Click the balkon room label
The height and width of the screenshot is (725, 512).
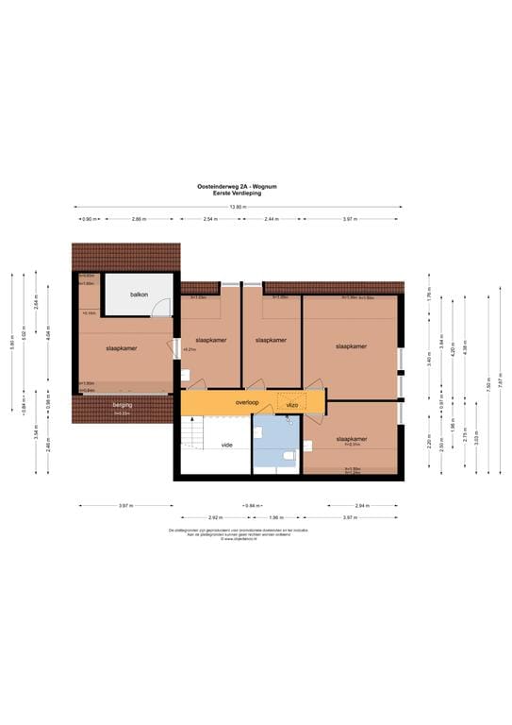[140, 294]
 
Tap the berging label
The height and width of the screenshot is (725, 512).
[123, 404]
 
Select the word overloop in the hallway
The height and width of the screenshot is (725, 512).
[221, 402]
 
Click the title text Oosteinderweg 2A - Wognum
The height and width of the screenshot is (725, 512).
[256, 187]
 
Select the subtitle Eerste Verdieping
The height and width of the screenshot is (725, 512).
[256, 193]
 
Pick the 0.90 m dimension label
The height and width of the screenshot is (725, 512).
[89, 218]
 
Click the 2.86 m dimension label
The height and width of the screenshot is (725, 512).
[139, 218]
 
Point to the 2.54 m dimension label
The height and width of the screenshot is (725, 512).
[209, 218]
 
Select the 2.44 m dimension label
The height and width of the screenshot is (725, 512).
[272, 218]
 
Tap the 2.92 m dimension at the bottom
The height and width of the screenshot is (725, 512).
[215, 517]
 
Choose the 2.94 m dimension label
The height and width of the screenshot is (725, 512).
[362, 505]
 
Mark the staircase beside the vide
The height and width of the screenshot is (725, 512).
[192, 433]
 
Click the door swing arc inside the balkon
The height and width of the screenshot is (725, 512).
[162, 307]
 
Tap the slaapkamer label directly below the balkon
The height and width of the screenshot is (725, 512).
[122, 348]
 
